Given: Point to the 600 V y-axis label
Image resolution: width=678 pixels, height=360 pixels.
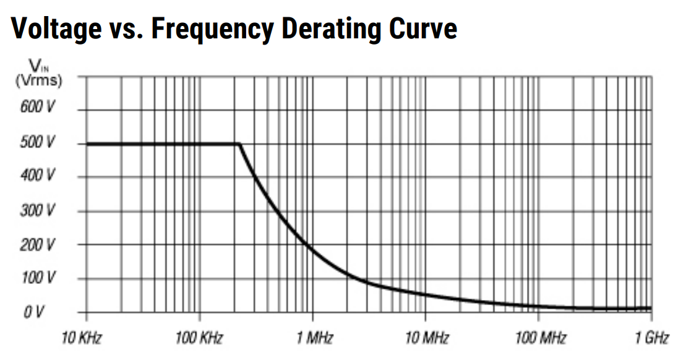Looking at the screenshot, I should point(40,108).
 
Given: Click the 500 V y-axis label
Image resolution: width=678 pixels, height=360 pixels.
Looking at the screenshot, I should point(40,142).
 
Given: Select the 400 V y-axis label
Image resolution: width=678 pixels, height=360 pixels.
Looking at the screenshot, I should point(40,176).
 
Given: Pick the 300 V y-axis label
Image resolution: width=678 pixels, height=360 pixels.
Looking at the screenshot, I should point(40,210).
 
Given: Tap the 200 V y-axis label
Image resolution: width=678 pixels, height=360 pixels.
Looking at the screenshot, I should point(40,244).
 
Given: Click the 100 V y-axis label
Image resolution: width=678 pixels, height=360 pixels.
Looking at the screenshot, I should point(40,278).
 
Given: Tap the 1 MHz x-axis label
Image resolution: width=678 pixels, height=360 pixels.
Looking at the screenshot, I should point(312,338).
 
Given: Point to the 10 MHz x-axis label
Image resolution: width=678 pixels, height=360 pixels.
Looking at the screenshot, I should point(426,338).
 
